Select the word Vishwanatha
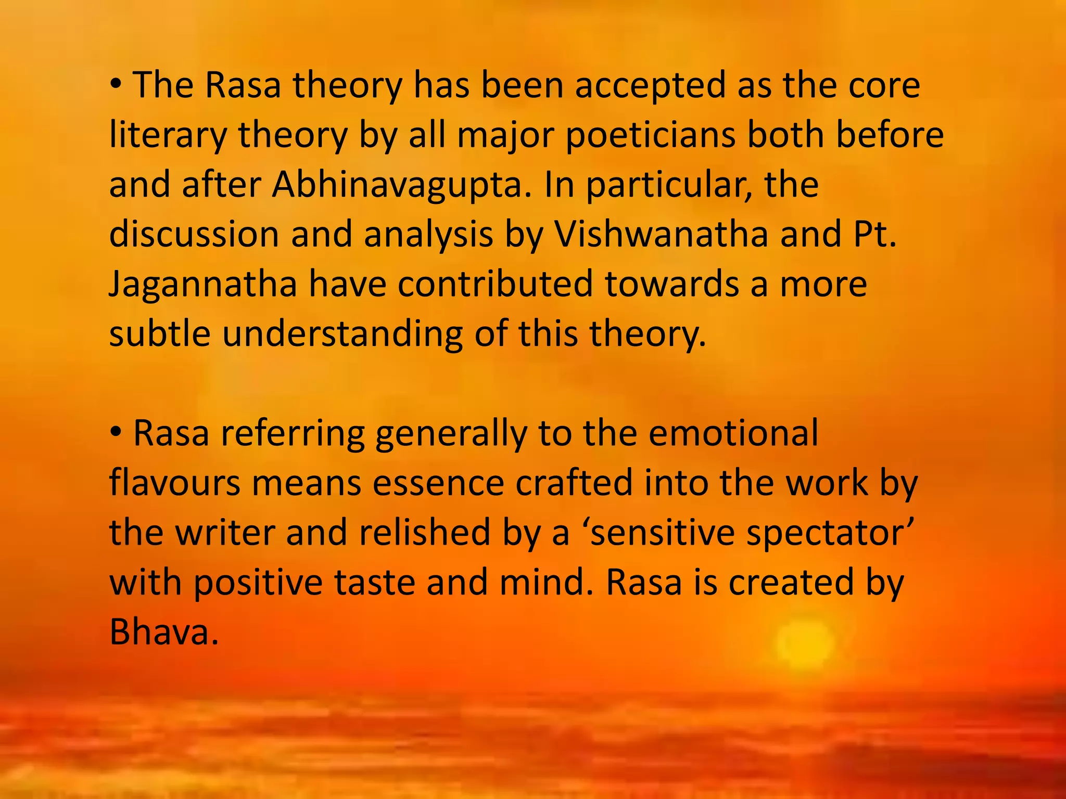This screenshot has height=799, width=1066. point(661,235)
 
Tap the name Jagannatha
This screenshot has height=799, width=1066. point(203,285)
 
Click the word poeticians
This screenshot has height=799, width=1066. point(650,135)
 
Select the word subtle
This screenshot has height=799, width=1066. point(160,333)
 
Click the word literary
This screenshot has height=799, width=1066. point(168,135)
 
